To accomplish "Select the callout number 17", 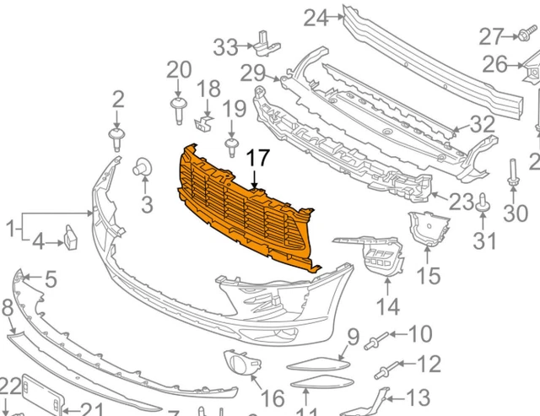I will pos(257,158).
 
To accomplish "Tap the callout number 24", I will pos(315,17).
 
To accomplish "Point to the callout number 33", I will pos(225,46).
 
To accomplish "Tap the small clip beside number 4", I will pos(70,239).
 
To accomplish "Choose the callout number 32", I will pos(483,124).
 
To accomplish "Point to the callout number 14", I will pos(387,305).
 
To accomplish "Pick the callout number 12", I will pos(429,365).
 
